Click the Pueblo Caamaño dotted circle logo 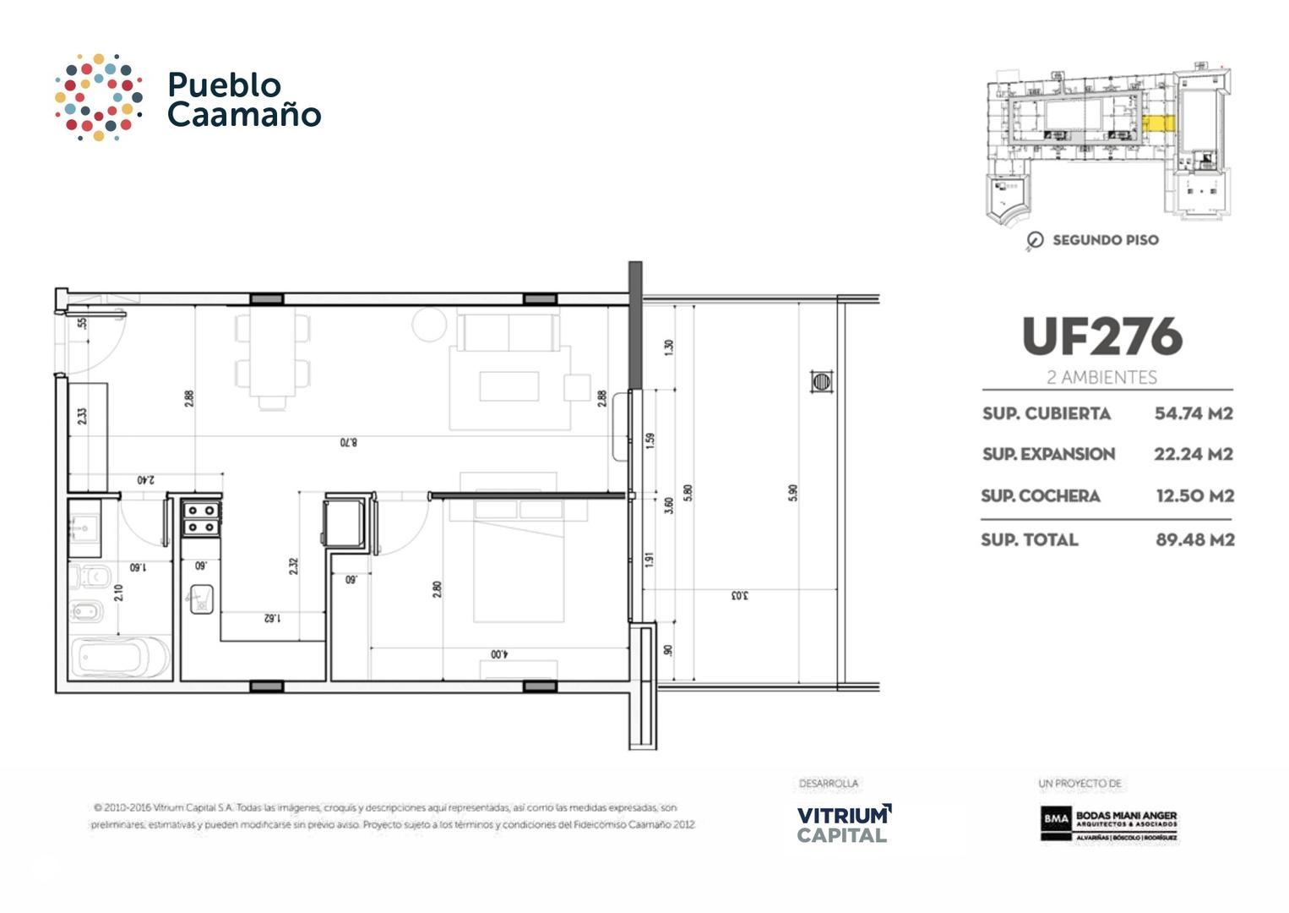(98, 97)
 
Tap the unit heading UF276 (1101, 336)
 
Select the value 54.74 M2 (1194, 413)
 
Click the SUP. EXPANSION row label (1048, 454)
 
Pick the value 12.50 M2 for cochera (1194, 496)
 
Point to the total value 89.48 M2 (1194, 539)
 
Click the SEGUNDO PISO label (1105, 240)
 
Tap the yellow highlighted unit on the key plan (1158, 123)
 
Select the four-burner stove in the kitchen (201, 518)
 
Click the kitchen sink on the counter (201, 599)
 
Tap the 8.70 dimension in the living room (349, 442)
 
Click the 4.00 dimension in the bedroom (499, 653)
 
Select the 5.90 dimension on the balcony (792, 493)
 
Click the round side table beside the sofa (429, 325)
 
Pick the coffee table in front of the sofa (509, 386)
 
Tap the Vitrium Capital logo (843, 823)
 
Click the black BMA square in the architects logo (1055, 818)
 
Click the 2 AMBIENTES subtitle (1101, 377)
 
